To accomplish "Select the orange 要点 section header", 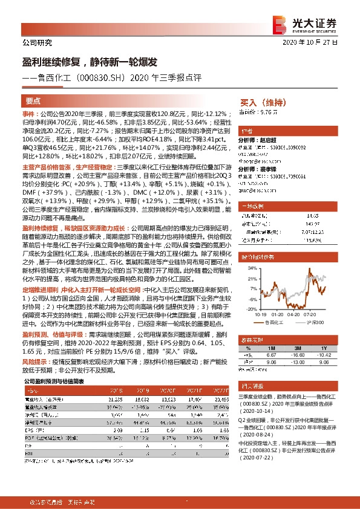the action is [x=33, y=102].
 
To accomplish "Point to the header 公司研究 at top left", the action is [x=37, y=43].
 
